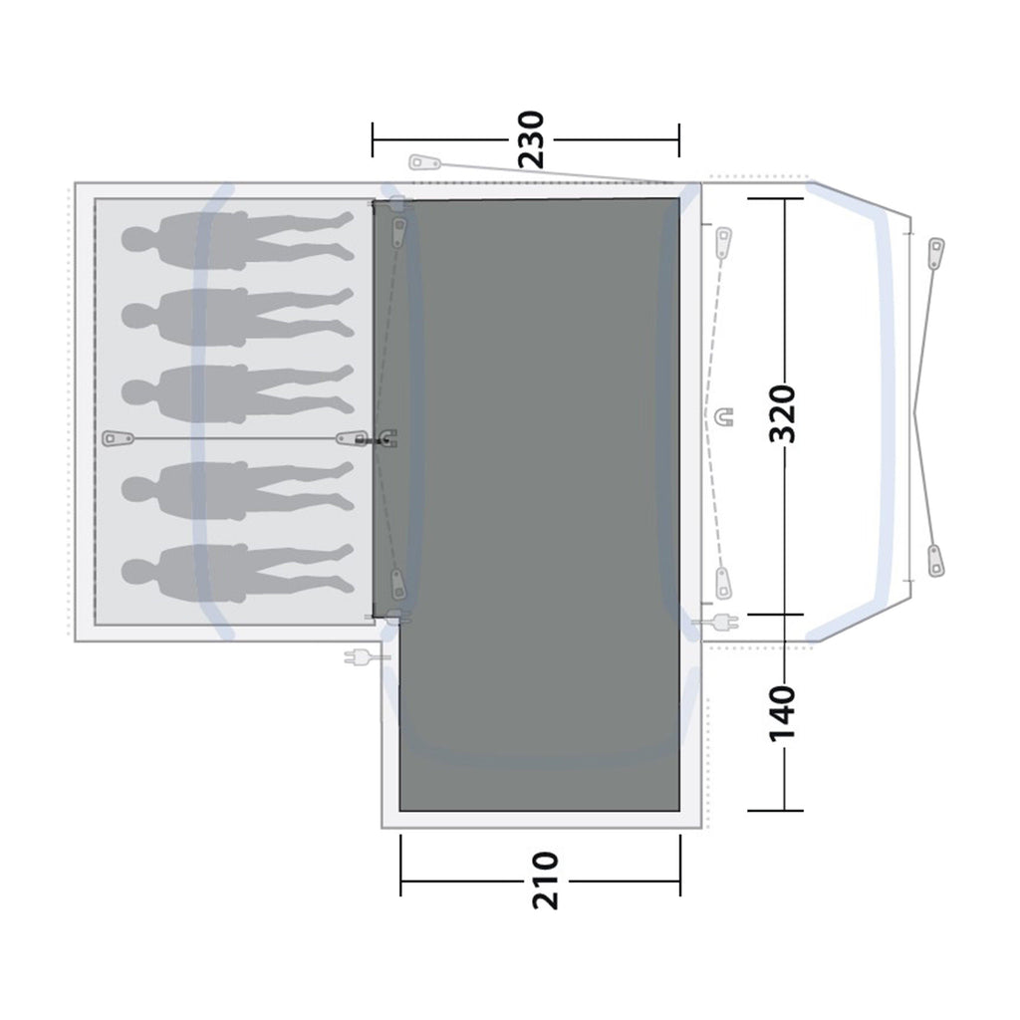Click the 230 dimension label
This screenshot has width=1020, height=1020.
[x=531, y=139]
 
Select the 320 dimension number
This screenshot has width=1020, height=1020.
[x=783, y=414]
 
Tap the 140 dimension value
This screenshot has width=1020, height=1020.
[x=783, y=713]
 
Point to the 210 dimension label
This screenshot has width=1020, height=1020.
[x=546, y=881]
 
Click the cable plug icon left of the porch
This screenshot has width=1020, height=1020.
[x=359, y=657]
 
